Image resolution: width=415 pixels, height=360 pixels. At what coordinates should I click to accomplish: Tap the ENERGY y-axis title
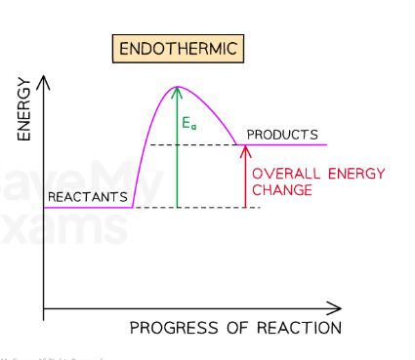[x=24, y=107]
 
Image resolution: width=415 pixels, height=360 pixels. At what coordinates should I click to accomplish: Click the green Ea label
[x=189, y=124]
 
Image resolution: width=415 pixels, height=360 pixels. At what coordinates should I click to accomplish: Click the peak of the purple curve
[x=177, y=88]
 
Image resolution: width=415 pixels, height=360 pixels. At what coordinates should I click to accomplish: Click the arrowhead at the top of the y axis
[x=44, y=75]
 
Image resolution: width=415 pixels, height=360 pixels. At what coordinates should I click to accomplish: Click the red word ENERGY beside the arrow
[x=349, y=174]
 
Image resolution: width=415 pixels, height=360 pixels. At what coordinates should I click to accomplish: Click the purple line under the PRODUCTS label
[x=283, y=144]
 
